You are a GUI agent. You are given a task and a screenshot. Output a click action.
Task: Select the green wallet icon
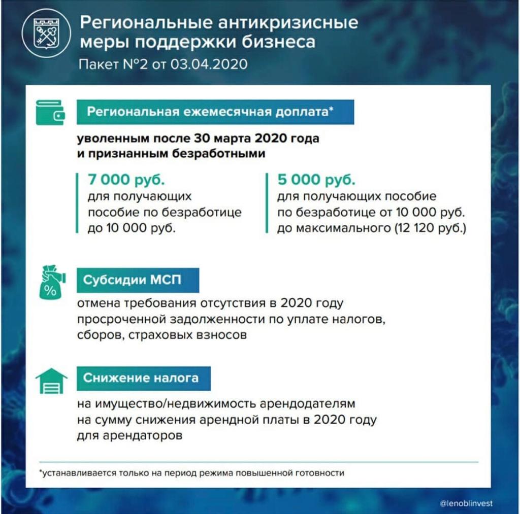click(x=50, y=113)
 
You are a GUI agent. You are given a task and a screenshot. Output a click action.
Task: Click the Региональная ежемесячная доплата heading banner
click(x=215, y=112)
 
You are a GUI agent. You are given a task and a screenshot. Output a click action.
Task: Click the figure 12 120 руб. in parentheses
click(x=429, y=228)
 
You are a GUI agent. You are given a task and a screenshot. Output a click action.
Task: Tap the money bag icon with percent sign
click(x=51, y=282)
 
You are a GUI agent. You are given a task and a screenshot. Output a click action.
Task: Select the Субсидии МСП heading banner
click(x=138, y=280)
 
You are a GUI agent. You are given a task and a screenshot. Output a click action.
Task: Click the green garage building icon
click(x=51, y=381)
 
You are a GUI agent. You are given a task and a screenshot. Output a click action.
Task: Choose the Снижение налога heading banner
click(x=143, y=378)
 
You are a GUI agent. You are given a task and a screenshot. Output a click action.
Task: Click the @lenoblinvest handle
click(x=466, y=503)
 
